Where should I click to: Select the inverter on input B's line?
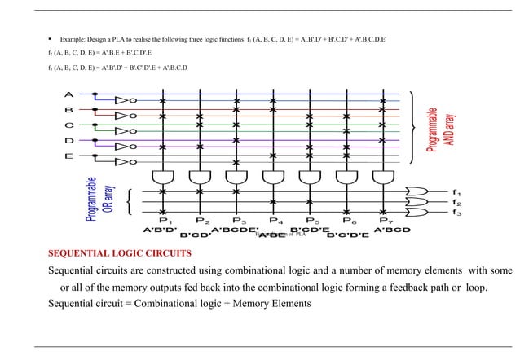[x=123, y=116]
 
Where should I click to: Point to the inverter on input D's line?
[x=123, y=147]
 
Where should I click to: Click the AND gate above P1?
[x=164, y=177]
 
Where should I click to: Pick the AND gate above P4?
[x=273, y=177]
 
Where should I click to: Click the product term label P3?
[x=239, y=221]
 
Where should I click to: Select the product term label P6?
[x=349, y=221]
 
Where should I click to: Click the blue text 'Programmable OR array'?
[x=95, y=200]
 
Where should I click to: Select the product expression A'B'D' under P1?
[x=160, y=230]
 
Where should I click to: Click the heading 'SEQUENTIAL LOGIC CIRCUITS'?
[x=120, y=254]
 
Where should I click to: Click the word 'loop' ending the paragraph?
[x=475, y=288]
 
